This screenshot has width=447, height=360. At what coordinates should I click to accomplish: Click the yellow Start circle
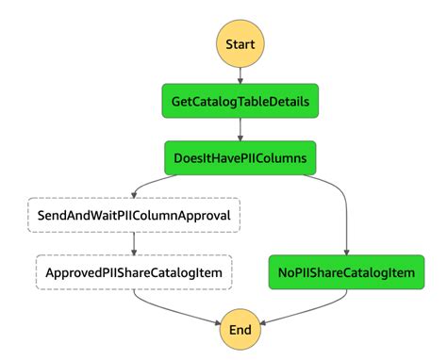coord(240,44)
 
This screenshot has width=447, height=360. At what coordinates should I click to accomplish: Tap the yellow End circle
coord(240,330)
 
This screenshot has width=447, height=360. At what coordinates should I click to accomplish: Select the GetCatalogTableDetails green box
coord(240,101)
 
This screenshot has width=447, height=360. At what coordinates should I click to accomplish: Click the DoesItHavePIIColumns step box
coord(240,157)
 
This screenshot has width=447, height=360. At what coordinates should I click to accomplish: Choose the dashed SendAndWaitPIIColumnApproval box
coord(134,215)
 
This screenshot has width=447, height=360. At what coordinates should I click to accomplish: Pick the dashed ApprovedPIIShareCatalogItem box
coord(134,272)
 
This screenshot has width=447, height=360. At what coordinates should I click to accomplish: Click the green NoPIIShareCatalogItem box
coord(345,272)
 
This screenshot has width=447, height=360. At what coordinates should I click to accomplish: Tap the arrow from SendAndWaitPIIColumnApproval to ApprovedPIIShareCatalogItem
coord(134,243)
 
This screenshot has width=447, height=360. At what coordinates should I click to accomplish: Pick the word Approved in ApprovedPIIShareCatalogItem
coord(75,272)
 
